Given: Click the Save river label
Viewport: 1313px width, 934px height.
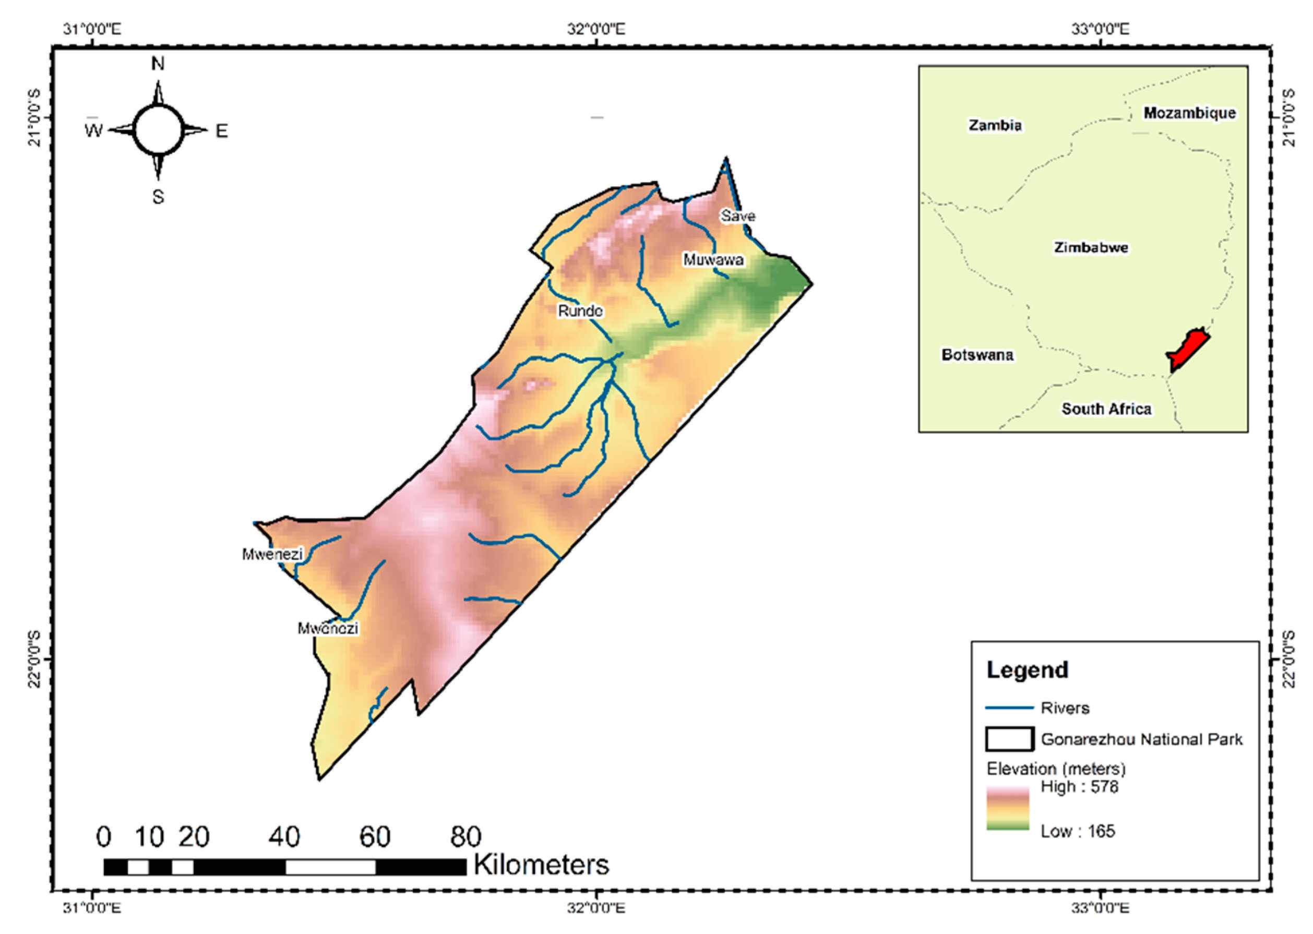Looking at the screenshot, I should coord(737,215).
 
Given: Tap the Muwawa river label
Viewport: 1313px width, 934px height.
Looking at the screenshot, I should coord(713,259).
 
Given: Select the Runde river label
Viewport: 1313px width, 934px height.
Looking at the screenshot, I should coord(580,310).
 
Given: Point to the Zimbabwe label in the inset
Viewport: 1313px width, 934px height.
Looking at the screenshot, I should coord(1091,247).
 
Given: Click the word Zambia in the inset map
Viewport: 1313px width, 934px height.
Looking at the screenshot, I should coord(995,125).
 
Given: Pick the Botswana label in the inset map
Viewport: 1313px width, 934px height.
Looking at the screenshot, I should coord(977,354).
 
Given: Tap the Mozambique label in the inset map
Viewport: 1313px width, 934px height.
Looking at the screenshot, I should coord(1189,113).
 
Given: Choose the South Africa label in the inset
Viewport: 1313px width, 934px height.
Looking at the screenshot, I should coord(1106,409).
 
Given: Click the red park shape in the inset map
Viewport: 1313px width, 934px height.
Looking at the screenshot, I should coord(1188,350).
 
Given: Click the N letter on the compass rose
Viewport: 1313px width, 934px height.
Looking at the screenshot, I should coord(158,63).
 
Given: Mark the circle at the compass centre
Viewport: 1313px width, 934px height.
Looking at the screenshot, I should coord(158,130).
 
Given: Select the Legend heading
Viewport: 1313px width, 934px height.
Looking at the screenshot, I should coord(1027,670).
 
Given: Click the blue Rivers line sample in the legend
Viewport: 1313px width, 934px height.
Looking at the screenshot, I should coord(1009,708).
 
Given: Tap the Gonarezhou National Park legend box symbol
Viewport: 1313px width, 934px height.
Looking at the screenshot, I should coord(1009,739).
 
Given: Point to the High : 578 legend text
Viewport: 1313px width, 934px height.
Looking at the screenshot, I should coord(1079,786).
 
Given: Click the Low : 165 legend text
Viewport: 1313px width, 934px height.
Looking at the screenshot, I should coord(1077,831).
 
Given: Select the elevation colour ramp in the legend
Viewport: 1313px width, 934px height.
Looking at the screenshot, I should coord(1008,808).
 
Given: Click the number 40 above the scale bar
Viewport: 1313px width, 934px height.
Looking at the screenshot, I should coord(284,837).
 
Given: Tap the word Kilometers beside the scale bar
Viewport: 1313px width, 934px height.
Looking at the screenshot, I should coord(541,865).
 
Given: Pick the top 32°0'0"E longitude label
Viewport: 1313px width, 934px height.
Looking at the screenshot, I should coord(596,28).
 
